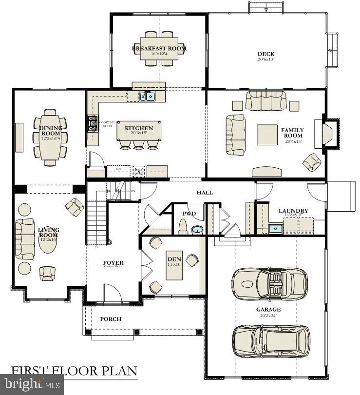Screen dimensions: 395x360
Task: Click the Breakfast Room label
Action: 159,48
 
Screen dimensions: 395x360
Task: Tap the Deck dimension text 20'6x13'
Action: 266,59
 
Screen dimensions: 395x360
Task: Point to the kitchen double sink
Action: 148,96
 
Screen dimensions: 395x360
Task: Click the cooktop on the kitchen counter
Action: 92,124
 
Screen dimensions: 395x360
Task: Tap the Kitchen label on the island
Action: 139,129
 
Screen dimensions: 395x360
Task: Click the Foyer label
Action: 113,263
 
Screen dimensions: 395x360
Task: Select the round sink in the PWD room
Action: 197,230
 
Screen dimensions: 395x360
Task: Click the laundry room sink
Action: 275,228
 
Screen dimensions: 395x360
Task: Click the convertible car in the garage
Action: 269,283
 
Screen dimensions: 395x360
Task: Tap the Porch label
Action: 111,319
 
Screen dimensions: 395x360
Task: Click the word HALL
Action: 205,193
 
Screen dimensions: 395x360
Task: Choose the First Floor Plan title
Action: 74,370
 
